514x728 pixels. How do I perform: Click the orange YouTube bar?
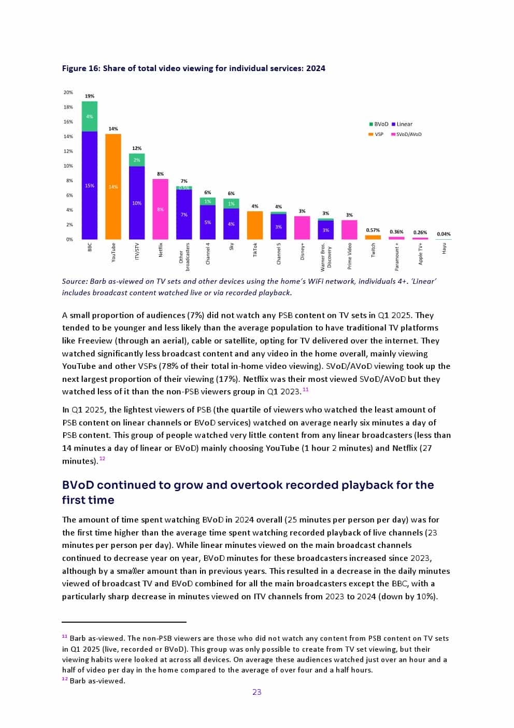coord(113,187)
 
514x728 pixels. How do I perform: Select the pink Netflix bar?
coord(160,209)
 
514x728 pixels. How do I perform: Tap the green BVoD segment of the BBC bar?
coord(90,116)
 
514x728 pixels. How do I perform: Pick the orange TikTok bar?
coord(255,225)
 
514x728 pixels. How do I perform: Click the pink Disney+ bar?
coord(302,227)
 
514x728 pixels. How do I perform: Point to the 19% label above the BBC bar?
coord(90,96)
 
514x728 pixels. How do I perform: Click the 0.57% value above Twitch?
coord(373,230)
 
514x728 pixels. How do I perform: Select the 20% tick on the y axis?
coord(68,92)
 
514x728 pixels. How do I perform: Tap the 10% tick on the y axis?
coord(68,166)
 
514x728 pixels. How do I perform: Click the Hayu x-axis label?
coord(444,249)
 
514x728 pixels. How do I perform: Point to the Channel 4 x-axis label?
coord(208,254)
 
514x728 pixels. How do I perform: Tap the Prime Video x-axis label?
coord(350,256)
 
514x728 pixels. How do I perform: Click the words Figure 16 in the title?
coord(80,68)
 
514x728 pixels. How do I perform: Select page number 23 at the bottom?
coord(257,692)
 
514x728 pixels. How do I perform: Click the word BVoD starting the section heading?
coord(78,485)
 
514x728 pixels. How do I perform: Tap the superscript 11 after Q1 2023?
coord(306,389)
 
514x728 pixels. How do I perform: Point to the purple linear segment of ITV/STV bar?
coord(137,203)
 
